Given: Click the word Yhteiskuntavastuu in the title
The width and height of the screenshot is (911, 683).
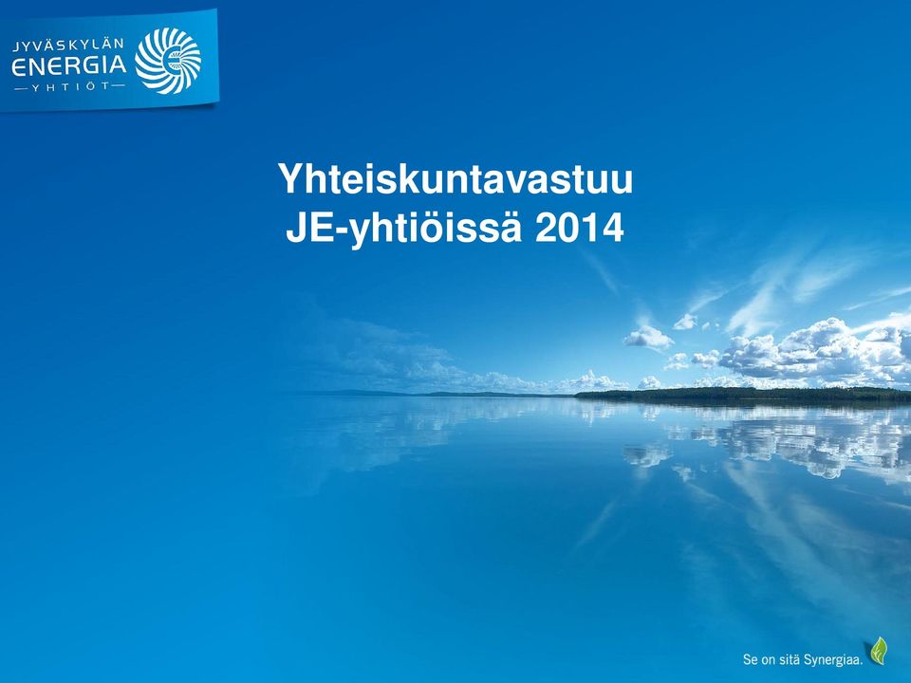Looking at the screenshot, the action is coord(455,179).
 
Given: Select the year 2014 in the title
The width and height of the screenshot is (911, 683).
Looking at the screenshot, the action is coord(579,229).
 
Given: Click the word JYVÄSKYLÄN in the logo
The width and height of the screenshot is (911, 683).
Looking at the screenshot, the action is coord(68,46).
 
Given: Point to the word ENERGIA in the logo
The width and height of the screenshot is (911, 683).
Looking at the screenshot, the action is coord(69,65).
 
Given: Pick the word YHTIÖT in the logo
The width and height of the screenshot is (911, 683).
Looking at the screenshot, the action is coord(69,87).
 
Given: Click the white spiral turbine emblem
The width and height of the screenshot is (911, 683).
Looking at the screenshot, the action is coord(168,61).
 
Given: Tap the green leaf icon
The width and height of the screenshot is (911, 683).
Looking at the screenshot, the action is coord(879,651).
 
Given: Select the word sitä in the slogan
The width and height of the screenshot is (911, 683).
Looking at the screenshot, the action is coord(795,660).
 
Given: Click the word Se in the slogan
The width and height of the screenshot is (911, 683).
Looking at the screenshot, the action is coord(751,660).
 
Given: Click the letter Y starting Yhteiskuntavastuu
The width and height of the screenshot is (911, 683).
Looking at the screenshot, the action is coord(291,179).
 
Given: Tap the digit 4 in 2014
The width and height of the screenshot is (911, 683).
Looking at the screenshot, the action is coord(613,229).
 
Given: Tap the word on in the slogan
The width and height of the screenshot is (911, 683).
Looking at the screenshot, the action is coord(770,661).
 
